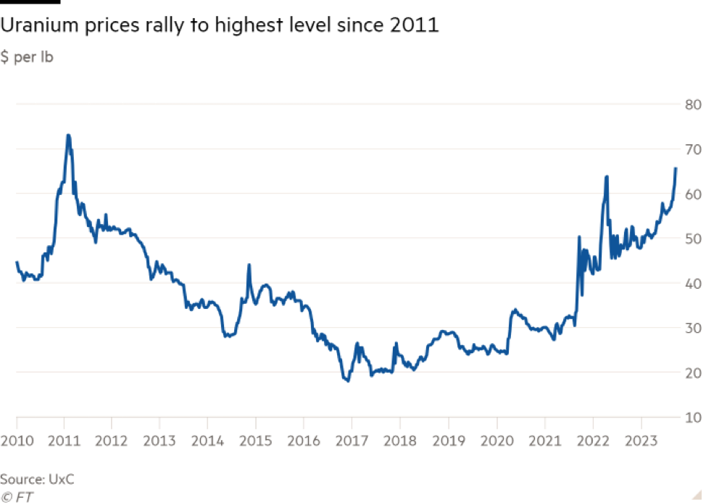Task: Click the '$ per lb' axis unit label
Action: click(x=27, y=58)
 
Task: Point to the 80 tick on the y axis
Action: click(x=692, y=104)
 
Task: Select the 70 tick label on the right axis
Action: click(x=692, y=149)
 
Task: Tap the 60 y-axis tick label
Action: click(x=692, y=194)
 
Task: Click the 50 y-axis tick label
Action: click(x=692, y=239)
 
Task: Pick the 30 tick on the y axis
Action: click(x=692, y=328)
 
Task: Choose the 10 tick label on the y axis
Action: click(x=692, y=418)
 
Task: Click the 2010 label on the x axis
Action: click(x=16, y=441)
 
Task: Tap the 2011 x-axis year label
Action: click(x=64, y=441)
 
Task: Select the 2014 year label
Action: click(x=207, y=441)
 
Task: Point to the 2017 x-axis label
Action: click(x=352, y=441)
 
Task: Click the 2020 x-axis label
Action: click(x=497, y=441)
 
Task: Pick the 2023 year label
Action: click(x=641, y=441)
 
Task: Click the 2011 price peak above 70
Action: click(x=68, y=135)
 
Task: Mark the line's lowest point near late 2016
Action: click(x=349, y=380)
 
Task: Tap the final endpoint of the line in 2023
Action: click(x=676, y=168)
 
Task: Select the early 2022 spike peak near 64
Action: click(x=606, y=176)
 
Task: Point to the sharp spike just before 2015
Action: click(x=249, y=265)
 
